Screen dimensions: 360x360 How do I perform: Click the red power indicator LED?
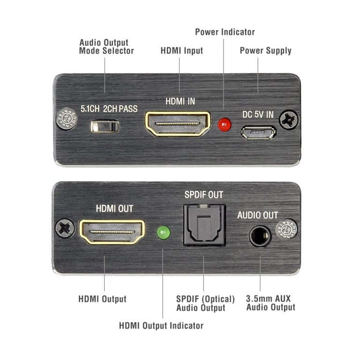(x=225, y=125)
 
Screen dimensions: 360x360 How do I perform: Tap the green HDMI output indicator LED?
(x=163, y=232)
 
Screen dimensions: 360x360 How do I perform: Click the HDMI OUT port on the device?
(x=112, y=232)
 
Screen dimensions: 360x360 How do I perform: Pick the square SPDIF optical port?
(x=204, y=226)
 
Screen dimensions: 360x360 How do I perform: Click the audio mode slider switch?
(x=105, y=127)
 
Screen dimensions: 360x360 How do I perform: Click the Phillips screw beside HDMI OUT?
(x=66, y=229)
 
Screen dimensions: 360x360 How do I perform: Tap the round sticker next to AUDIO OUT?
(x=286, y=229)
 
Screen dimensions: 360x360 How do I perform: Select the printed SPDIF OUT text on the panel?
(x=203, y=195)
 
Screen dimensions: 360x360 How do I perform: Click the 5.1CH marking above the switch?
(x=90, y=109)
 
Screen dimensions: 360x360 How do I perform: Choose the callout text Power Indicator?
(x=225, y=32)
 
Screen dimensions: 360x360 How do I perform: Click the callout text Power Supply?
(x=265, y=50)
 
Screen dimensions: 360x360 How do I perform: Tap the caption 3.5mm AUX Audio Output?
(x=270, y=303)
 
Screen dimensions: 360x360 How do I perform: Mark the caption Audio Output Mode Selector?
(x=106, y=47)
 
